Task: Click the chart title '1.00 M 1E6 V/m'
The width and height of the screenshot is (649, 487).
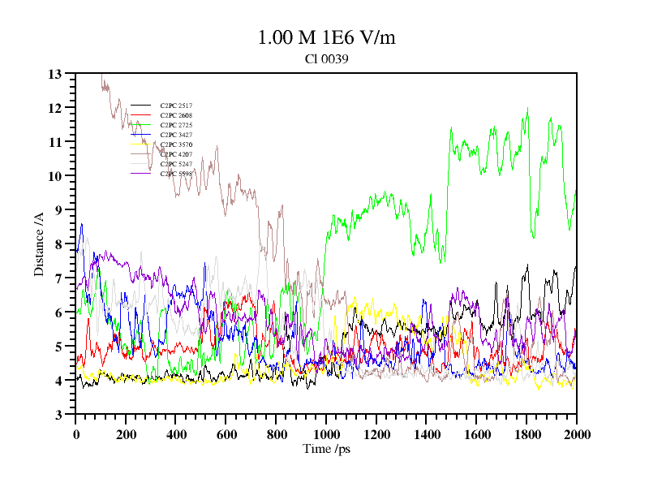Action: coord(326,37)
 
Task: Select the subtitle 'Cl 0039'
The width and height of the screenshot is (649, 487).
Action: coord(326,58)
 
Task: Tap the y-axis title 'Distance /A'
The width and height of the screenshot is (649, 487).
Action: coord(39,243)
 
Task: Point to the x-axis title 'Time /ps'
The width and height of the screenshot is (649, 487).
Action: coord(326,449)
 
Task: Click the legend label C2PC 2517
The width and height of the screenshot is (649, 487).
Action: coord(176,106)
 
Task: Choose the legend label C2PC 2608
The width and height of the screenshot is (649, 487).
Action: coord(176,115)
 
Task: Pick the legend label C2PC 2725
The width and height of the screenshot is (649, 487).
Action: coord(176,125)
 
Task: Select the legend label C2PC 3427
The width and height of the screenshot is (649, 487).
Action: coord(176,135)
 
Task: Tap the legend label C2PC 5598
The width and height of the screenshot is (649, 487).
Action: coord(176,174)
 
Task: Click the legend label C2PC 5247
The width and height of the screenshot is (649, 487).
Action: coord(176,164)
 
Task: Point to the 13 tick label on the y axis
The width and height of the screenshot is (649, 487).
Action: coord(55,74)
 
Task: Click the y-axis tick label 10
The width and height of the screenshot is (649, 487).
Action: coord(55,176)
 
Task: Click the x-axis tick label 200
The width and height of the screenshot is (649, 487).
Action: coord(126,434)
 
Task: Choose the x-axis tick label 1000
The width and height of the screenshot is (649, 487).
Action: coord(326,434)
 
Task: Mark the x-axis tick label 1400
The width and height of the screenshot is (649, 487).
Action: coord(426,434)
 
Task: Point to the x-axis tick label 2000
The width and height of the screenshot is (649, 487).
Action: coord(576,434)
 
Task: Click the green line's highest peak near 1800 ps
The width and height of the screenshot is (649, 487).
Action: coord(527,107)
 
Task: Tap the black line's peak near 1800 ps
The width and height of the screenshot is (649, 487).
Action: coord(527,265)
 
